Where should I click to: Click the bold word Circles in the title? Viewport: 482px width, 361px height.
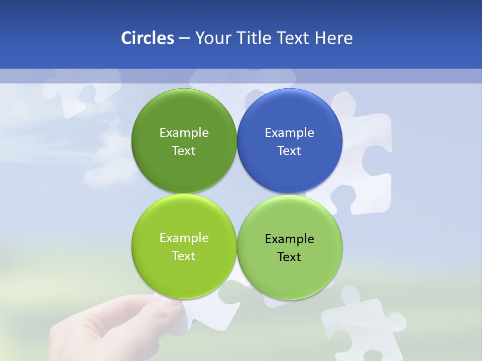(x=148, y=38)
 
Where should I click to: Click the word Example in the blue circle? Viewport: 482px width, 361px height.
(x=290, y=133)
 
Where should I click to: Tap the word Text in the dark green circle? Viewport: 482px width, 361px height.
(x=184, y=151)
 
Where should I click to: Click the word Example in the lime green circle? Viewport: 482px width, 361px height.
(x=184, y=238)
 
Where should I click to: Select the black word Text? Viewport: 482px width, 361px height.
(x=289, y=257)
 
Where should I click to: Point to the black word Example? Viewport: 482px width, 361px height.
(x=290, y=239)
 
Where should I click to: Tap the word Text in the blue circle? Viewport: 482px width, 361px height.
(x=289, y=151)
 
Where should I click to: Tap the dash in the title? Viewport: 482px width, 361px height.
(x=184, y=39)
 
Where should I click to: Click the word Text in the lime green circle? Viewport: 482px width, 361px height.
(x=184, y=256)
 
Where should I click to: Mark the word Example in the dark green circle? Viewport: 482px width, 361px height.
(x=184, y=133)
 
